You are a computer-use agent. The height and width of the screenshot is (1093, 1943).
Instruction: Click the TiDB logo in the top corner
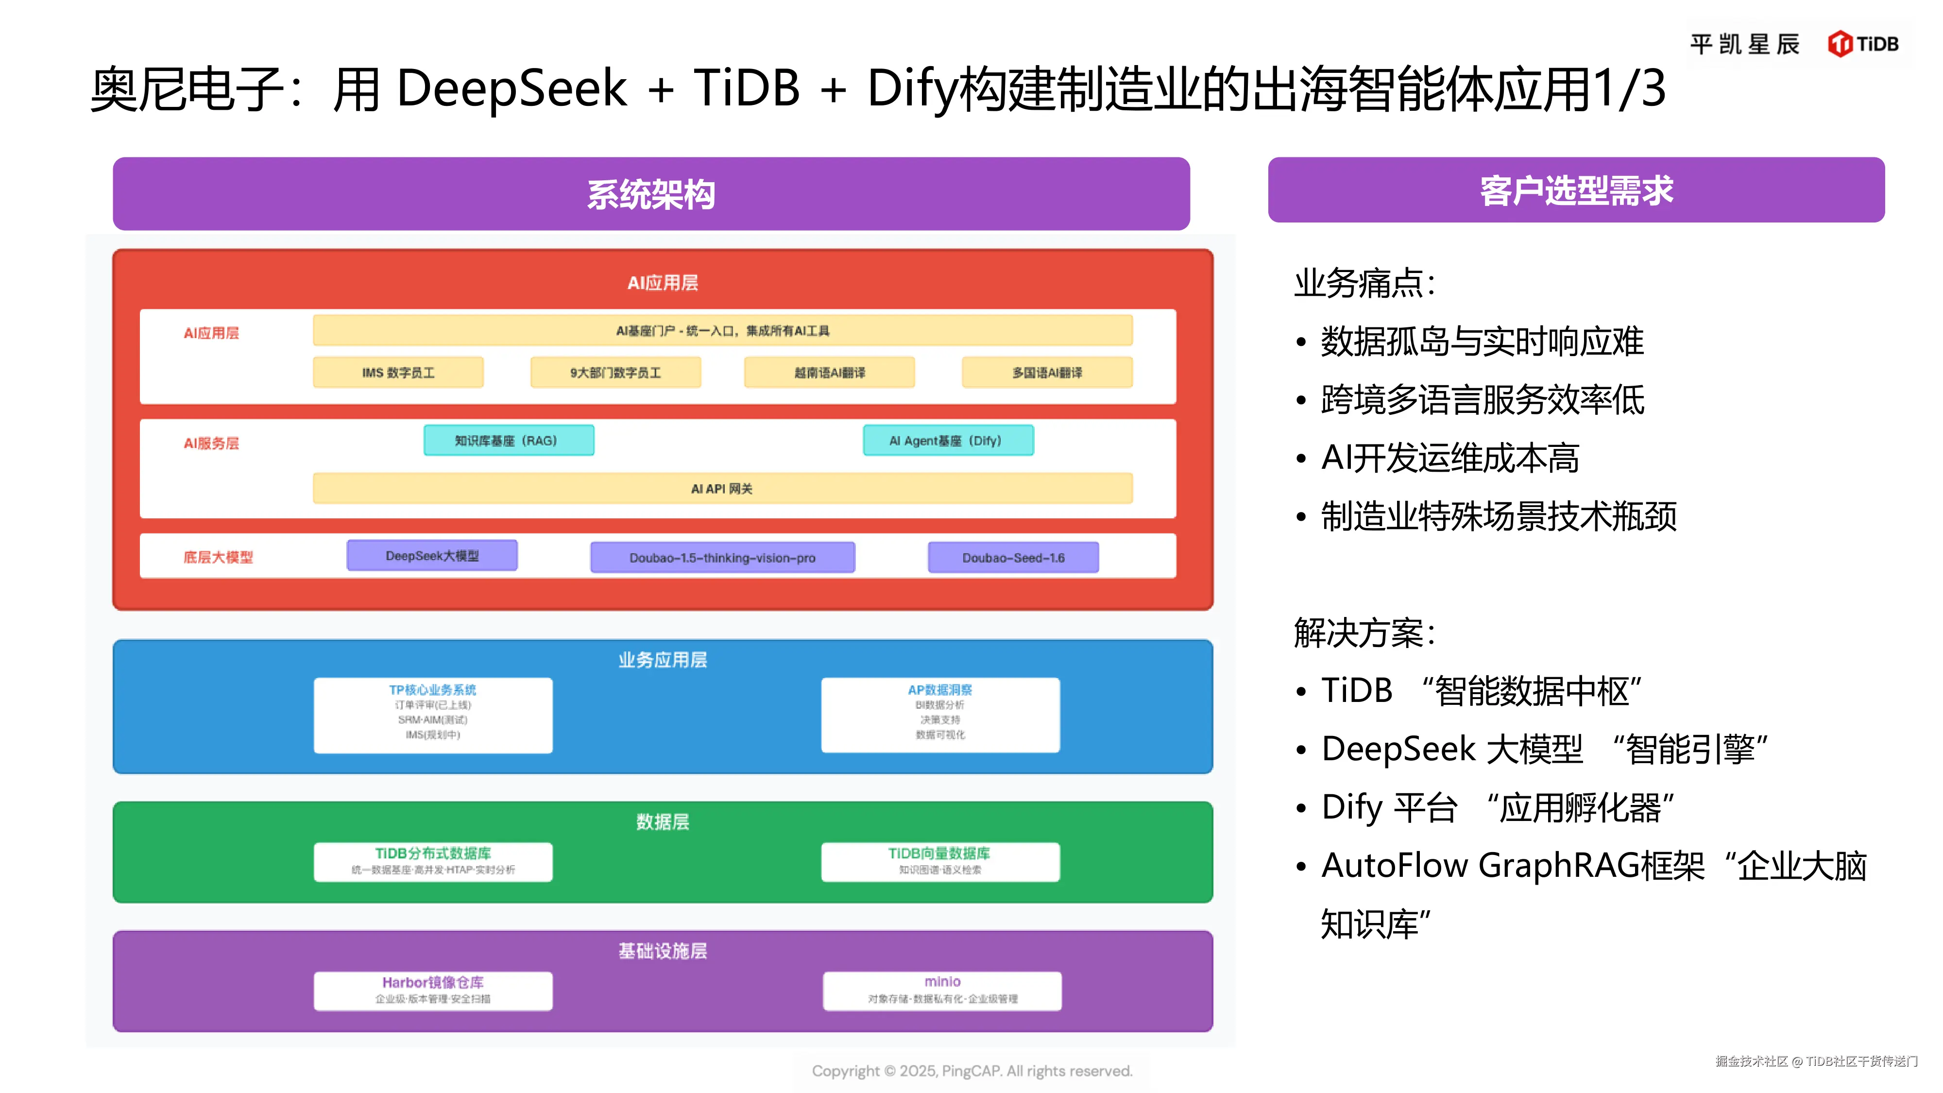1862,44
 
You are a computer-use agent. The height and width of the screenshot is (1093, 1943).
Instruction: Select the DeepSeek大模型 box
432,556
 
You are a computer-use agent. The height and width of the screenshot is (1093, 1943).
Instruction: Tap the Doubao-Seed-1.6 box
1013,558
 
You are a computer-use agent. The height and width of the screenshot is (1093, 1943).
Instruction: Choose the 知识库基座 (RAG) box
509,441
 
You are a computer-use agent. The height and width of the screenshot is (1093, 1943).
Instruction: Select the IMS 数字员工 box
398,373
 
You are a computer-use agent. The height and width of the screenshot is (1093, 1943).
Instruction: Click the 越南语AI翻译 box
829,373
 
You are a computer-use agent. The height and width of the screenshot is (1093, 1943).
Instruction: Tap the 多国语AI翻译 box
1047,373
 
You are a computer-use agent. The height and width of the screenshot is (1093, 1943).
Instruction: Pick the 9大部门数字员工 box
615,373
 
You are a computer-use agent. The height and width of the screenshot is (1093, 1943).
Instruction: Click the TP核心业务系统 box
433,714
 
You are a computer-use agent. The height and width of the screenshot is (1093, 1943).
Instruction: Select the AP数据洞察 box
940,714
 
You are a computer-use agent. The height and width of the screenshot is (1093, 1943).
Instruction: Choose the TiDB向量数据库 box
940,861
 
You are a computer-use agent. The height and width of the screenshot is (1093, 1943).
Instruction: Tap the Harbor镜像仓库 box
433,990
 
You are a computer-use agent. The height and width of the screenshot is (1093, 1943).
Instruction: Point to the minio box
942,990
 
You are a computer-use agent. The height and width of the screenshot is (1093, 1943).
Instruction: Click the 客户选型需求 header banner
1576,190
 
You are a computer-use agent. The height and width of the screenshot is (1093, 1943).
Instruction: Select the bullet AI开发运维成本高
1449,458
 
